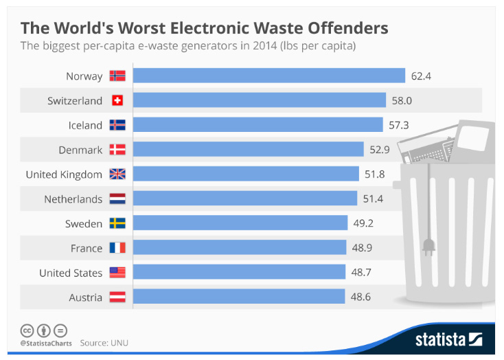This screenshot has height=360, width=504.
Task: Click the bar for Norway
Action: point(268,76)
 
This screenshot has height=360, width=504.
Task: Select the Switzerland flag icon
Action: point(117,101)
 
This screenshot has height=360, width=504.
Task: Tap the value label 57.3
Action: point(400,125)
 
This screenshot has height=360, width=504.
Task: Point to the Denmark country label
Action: point(80,150)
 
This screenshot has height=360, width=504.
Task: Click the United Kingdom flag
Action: point(117,175)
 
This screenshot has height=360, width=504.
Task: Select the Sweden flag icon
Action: point(117,224)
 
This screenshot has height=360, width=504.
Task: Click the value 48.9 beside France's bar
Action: point(363,248)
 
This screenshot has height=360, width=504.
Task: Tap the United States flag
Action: point(117,273)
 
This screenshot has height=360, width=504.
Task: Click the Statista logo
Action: point(448,339)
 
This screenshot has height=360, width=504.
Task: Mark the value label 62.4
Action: point(421,76)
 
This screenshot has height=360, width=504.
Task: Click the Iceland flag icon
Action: point(117,125)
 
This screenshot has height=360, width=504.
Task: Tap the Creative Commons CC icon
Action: point(27,330)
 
